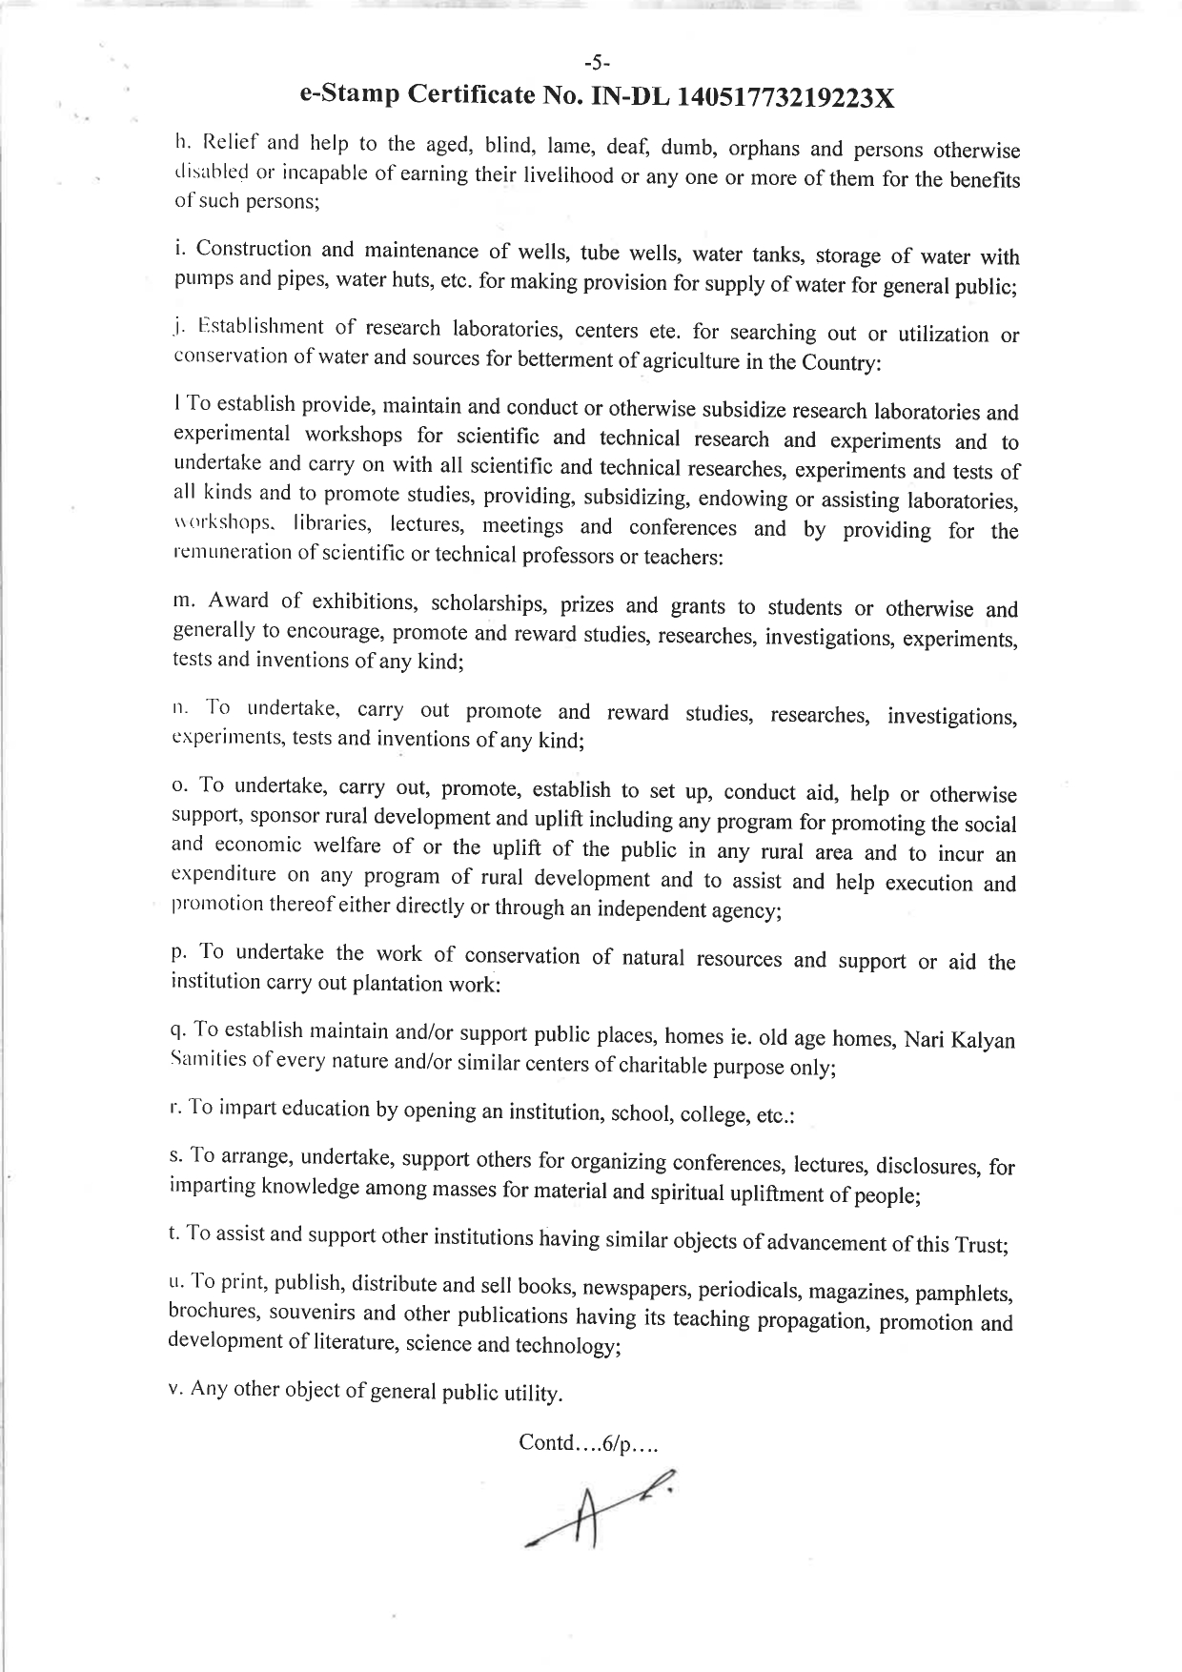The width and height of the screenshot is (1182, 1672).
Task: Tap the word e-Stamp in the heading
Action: click(x=347, y=94)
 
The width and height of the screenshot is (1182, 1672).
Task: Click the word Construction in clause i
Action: click(x=254, y=250)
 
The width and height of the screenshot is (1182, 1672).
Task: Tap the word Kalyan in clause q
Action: click(x=984, y=1039)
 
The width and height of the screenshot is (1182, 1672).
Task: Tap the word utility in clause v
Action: click(x=529, y=1394)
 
